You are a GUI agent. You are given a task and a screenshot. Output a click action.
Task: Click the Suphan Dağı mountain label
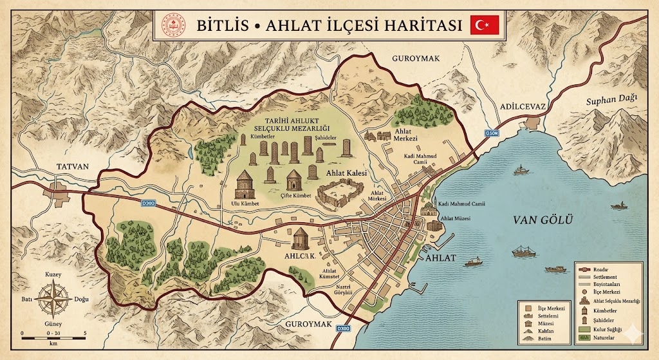click(611, 99)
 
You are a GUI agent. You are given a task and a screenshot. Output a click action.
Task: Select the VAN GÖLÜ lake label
click(543, 220)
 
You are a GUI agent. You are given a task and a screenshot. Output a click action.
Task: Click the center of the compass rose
click(52, 300)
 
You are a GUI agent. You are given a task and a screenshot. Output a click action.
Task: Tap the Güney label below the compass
click(53, 325)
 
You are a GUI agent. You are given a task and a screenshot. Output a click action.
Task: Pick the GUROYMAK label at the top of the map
click(415, 59)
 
